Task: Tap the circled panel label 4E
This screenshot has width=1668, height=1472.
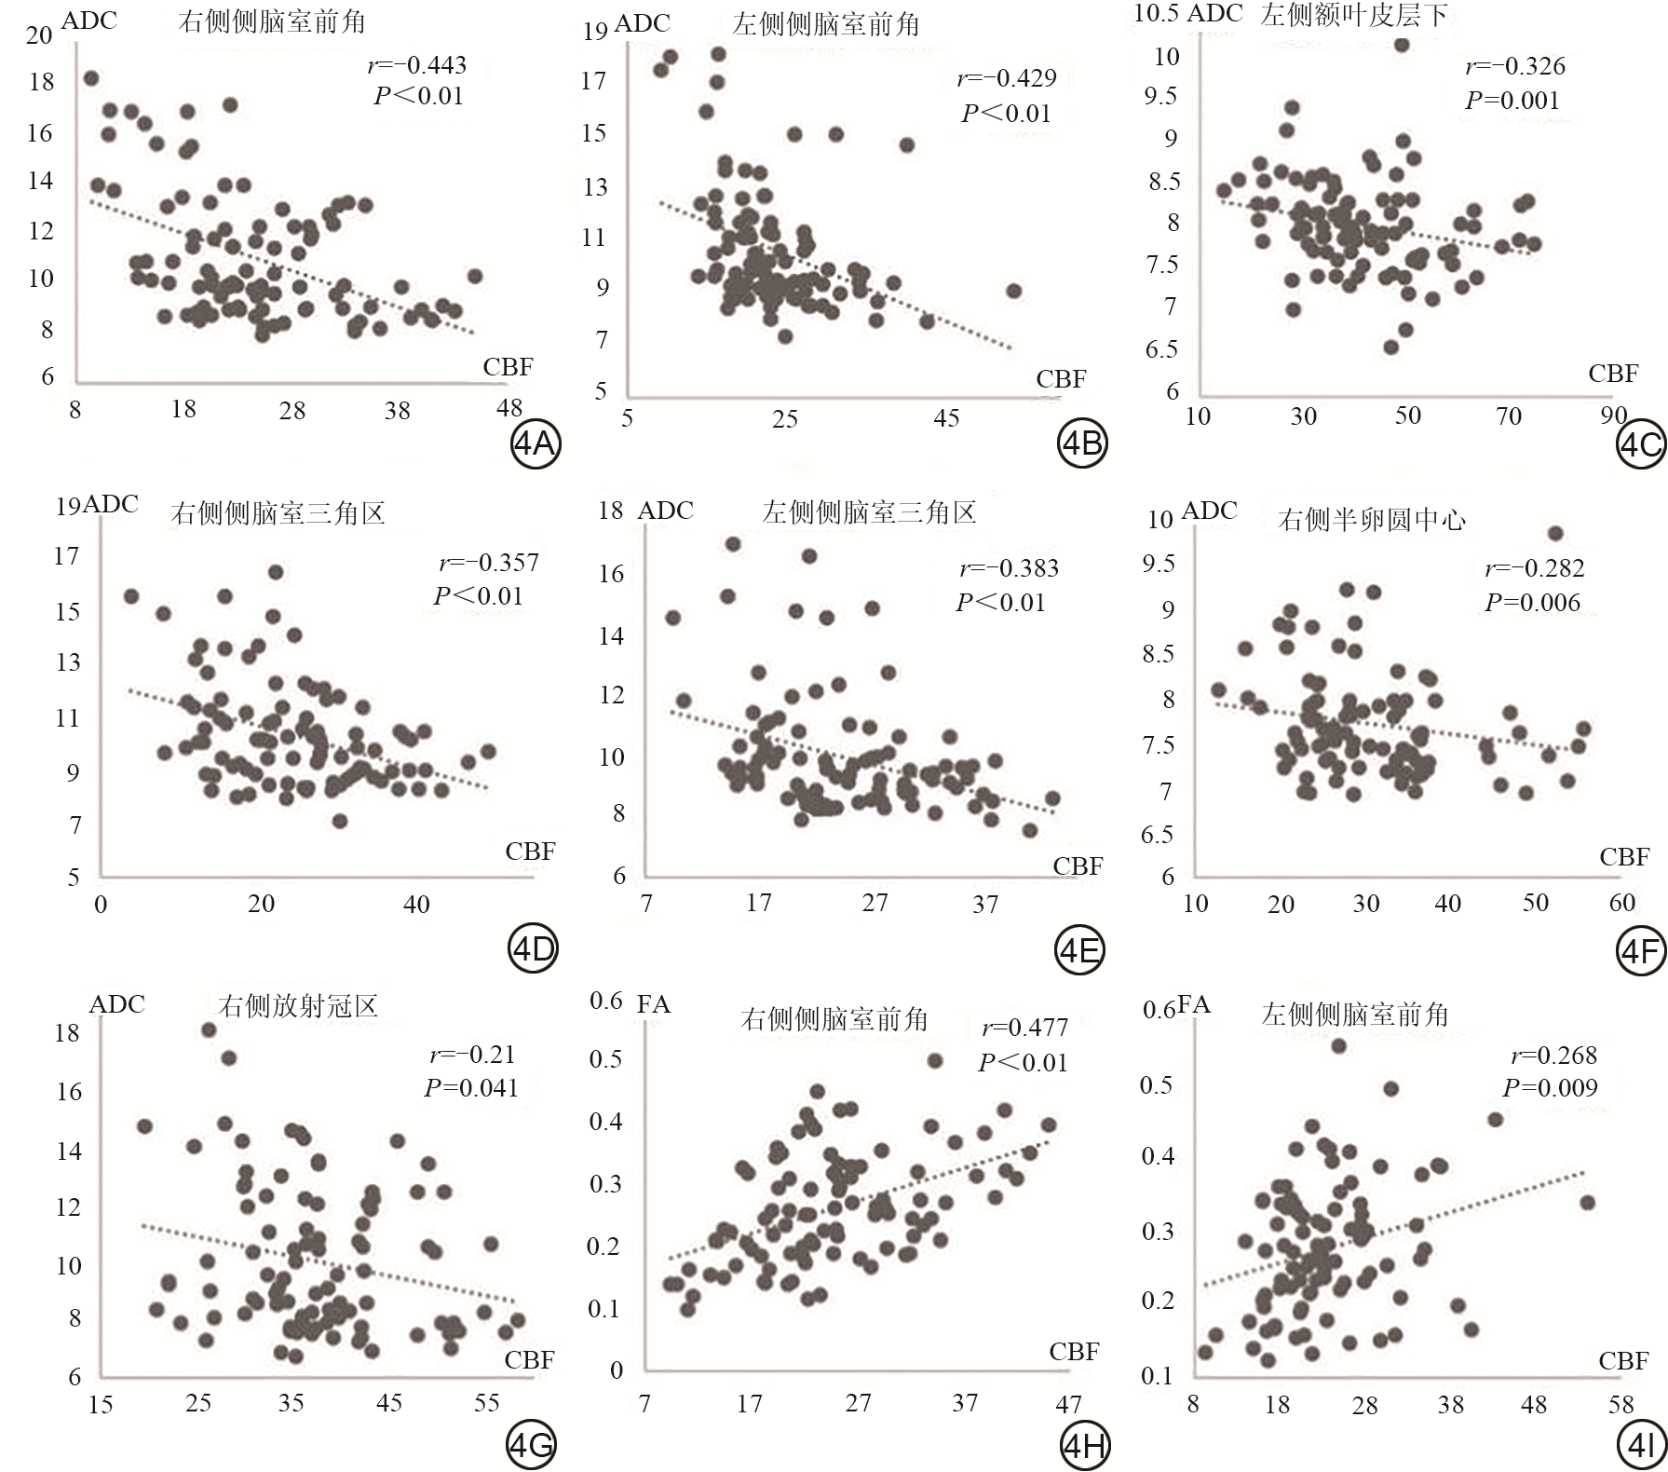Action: coord(1079,950)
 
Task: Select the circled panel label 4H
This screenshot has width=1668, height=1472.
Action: coord(1084,1446)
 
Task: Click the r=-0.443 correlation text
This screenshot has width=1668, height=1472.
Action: coord(416,65)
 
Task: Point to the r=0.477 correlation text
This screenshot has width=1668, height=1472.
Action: coord(1024,1028)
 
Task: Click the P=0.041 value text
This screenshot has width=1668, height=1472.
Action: coord(470,1087)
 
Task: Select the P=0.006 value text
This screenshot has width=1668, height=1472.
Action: coord(1532,603)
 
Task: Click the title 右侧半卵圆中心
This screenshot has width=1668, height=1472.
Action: coord(1372,519)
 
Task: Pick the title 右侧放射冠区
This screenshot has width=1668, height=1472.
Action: coord(298,1006)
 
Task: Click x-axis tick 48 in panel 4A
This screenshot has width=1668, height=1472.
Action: coord(509,408)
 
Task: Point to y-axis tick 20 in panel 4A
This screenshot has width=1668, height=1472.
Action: coord(39,35)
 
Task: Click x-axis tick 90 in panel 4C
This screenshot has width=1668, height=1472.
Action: coord(1613,415)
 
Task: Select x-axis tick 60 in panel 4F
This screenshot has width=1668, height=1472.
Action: coord(1621,902)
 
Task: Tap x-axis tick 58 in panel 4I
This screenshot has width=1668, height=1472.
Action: coord(1621,1405)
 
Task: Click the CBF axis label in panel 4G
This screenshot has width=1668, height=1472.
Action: coord(529,1360)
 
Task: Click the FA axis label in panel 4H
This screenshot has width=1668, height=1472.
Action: coord(653,1004)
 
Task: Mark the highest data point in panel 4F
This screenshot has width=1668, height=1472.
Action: coord(1554,534)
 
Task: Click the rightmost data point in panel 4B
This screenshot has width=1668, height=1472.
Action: coord(1014,292)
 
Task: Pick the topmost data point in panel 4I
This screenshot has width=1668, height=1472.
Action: coord(1338,1046)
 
